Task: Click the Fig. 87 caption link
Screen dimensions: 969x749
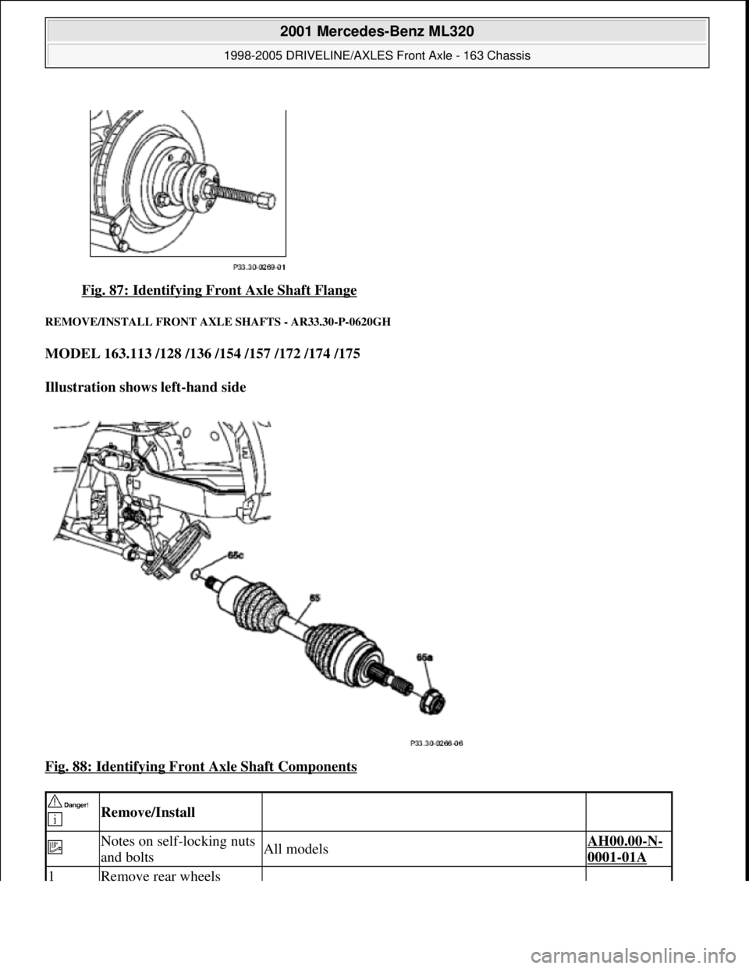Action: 219,291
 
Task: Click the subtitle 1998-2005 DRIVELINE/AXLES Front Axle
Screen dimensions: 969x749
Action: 376,55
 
